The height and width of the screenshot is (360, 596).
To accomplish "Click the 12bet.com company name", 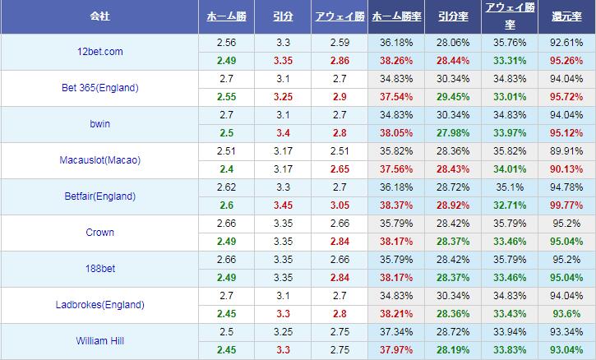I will pos(99,52).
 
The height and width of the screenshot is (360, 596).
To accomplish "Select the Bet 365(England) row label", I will pos(99,88).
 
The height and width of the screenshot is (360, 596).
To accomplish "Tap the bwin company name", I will pos(99,124).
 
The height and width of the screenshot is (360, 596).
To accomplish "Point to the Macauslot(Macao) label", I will pos(99,160).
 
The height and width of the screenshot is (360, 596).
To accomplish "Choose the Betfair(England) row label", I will pos(99,196).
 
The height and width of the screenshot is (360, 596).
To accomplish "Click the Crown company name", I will pos(99,233).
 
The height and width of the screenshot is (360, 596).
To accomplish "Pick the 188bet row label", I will pos(99,269).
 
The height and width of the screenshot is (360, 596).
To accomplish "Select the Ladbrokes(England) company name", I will pos(99,305).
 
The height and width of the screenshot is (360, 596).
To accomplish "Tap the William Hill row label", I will pos(99,341).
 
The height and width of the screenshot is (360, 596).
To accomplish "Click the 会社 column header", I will pos(99,16).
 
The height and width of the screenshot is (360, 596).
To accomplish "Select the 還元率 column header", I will pos(566,16).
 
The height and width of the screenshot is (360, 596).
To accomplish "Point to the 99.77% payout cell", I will pos(566,205).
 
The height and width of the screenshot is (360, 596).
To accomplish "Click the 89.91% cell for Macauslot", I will pos(566,150).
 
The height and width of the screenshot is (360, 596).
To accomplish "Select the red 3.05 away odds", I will pos(339,205).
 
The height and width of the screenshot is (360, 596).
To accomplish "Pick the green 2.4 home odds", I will pos(225,168).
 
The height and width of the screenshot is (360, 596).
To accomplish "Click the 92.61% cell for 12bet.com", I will pos(566,42).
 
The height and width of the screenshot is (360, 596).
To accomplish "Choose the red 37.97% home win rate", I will pos(397,349).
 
